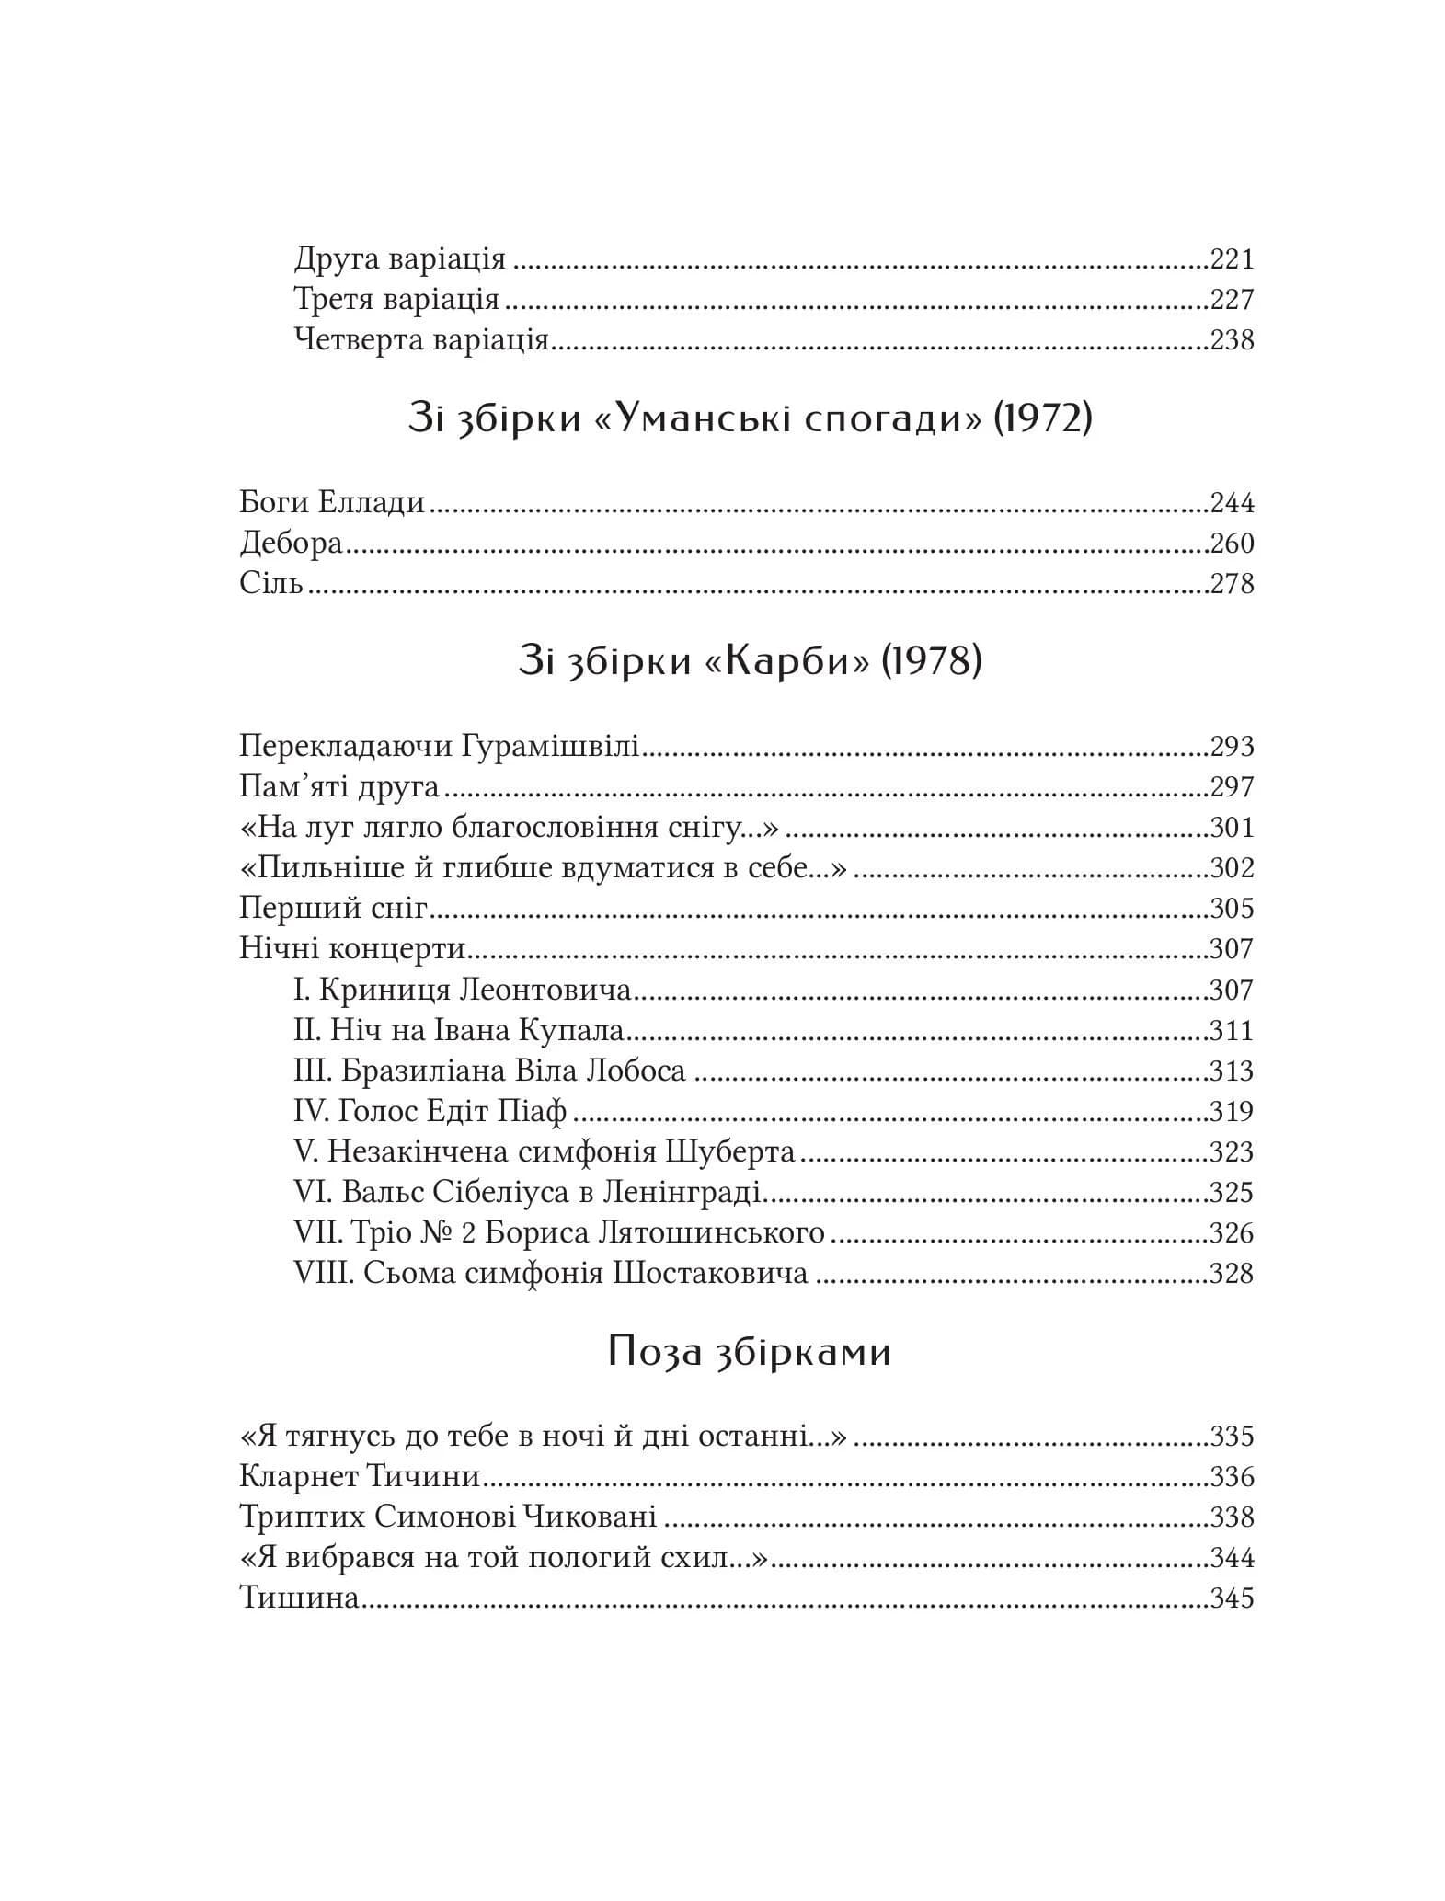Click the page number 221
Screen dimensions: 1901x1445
[1232, 259]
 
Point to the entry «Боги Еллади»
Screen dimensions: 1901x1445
[332, 503]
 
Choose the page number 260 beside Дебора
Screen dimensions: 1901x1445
[1232, 544]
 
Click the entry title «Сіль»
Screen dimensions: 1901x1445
[271, 584]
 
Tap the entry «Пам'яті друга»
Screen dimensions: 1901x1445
[338, 787]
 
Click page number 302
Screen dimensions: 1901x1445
[1232, 868]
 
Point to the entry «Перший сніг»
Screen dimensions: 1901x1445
[334, 909]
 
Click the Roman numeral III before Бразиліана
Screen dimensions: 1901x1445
[313, 1071]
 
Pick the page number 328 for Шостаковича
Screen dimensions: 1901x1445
[1232, 1274]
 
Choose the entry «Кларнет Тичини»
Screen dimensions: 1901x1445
[360, 1477]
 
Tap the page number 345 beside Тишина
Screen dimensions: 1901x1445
[1232, 1598]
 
